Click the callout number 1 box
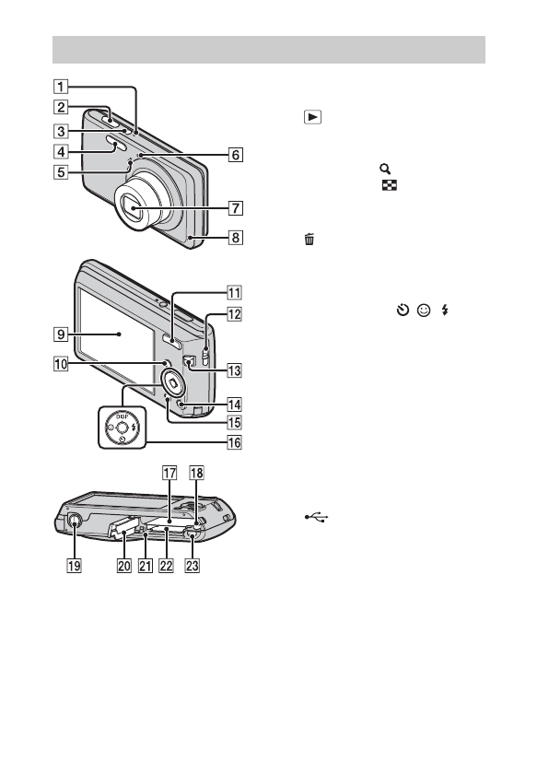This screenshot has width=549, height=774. tap(61, 87)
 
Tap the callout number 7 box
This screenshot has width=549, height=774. tap(235, 208)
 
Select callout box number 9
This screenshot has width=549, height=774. tap(61, 334)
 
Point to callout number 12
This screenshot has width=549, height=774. tap(234, 314)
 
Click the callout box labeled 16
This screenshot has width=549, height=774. tap(234, 442)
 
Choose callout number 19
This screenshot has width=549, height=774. tap(74, 565)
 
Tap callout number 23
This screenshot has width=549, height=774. tap(192, 565)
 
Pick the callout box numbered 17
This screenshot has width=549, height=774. tap(169, 473)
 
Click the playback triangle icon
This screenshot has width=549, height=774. tap(313, 117)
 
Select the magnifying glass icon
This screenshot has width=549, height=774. tap(385, 169)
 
